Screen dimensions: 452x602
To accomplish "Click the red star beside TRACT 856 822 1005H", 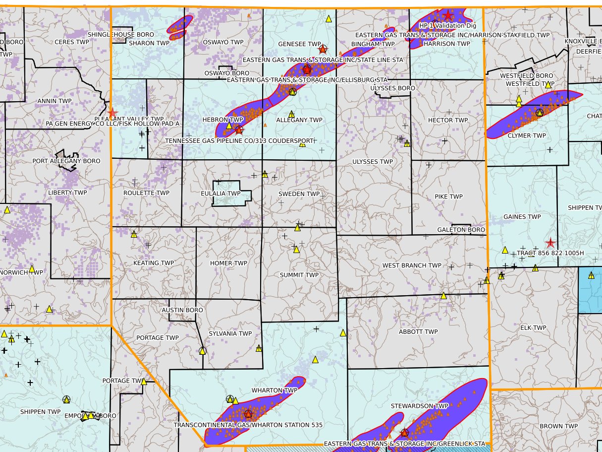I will click(550, 243).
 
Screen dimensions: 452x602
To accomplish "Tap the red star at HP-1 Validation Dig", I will click(448, 15).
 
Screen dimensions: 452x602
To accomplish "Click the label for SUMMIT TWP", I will click(299, 275).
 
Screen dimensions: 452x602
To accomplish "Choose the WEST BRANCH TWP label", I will click(411, 265).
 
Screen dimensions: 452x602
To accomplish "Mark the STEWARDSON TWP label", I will click(419, 406).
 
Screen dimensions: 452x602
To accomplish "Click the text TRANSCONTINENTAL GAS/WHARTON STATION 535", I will click(248, 425).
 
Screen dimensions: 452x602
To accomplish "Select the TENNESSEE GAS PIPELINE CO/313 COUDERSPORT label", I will click(239, 140).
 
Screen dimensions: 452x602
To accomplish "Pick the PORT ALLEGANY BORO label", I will click(66, 161).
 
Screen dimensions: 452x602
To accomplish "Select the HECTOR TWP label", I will click(448, 120).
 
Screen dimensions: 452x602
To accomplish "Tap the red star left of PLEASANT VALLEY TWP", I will click(112, 113).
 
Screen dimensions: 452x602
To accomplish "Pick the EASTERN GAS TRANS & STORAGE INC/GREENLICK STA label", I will click(404, 444).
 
